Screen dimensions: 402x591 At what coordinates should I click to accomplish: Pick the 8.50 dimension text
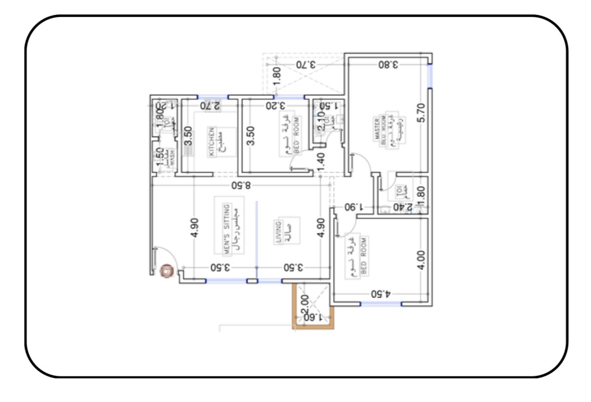(x=241, y=185)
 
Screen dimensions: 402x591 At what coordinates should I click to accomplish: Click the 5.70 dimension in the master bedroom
(x=421, y=112)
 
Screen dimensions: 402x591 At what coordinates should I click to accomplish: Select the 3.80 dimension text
(x=388, y=64)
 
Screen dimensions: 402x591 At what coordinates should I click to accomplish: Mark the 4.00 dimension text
(x=421, y=260)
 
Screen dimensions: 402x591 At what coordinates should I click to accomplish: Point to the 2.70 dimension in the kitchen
(x=210, y=105)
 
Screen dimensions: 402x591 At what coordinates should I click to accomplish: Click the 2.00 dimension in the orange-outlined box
(x=304, y=304)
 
